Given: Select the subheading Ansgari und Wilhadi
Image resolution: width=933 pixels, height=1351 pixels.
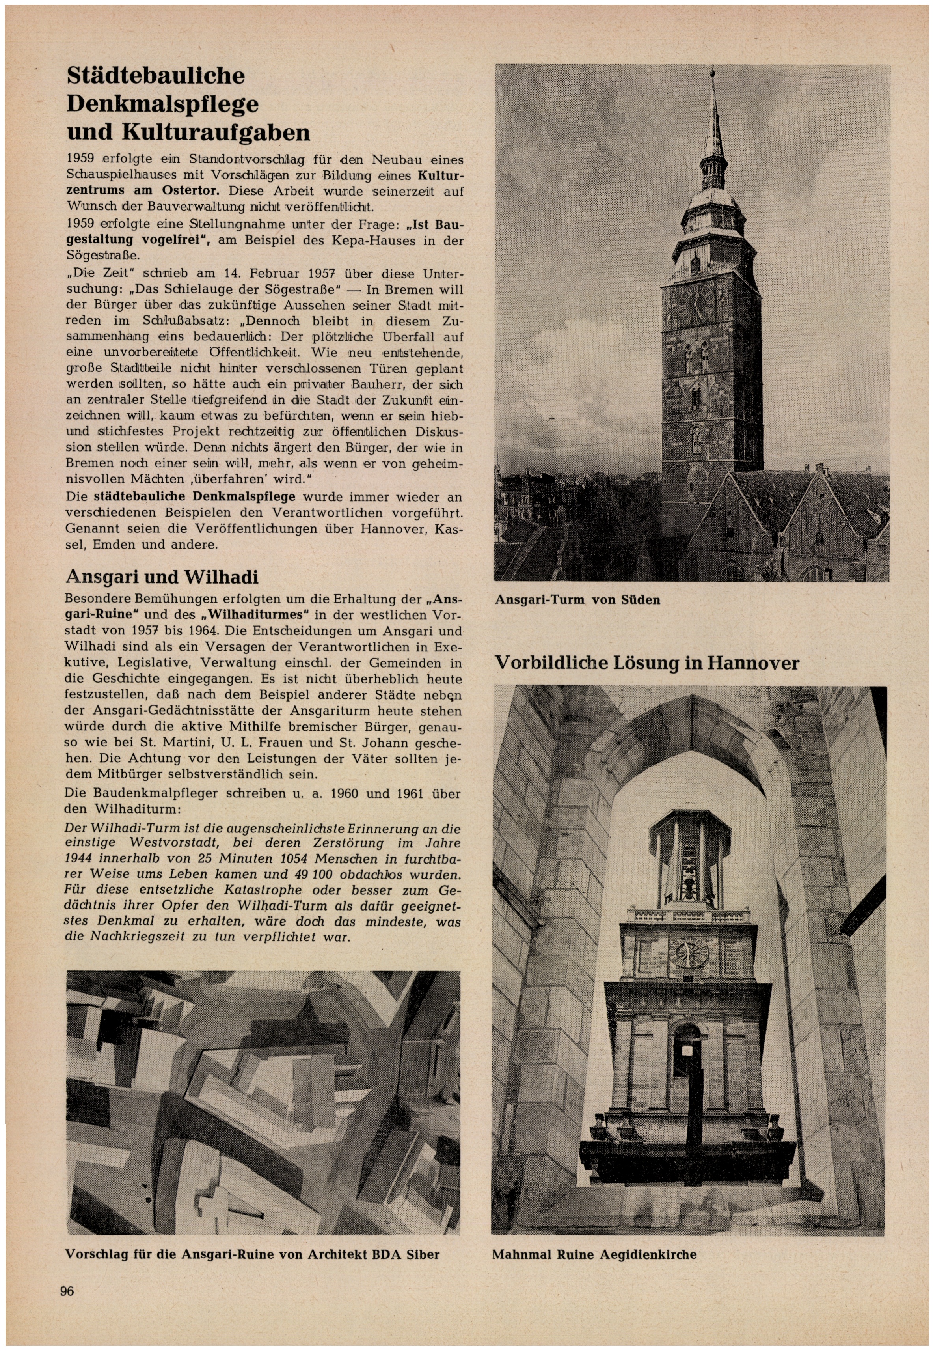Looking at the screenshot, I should click(x=162, y=577).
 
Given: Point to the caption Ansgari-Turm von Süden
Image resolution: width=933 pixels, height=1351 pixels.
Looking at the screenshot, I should click(x=577, y=600).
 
